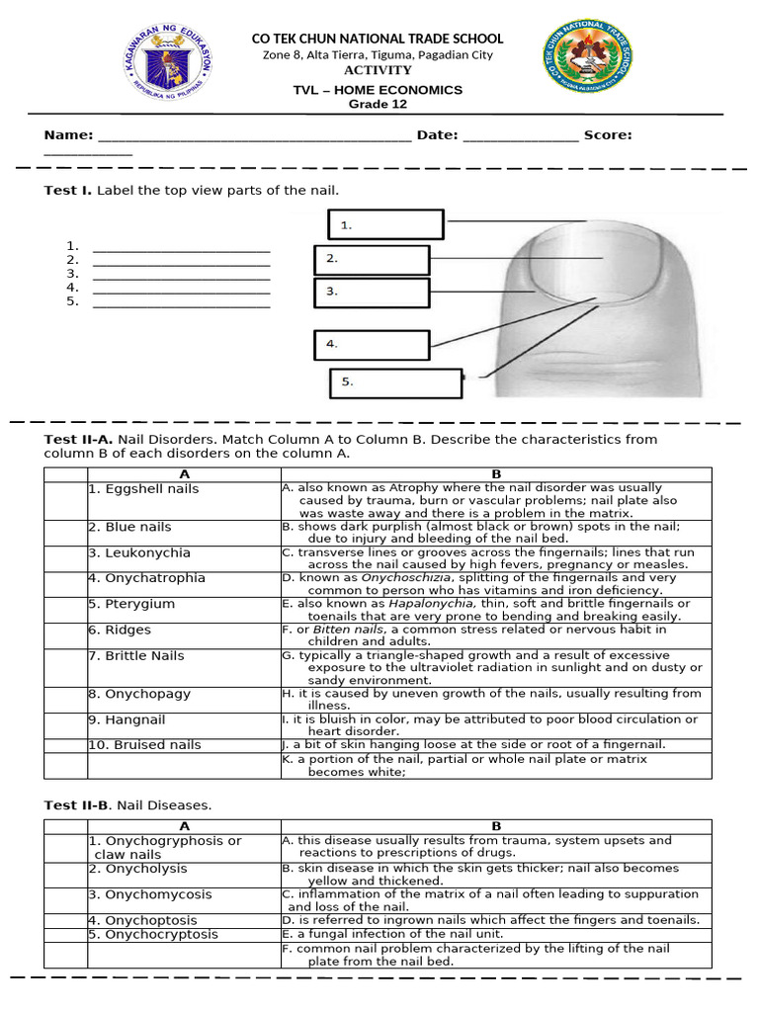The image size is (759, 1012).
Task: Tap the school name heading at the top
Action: [378, 39]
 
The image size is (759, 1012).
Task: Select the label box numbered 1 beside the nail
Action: [385, 224]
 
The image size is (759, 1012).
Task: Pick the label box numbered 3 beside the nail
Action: [372, 293]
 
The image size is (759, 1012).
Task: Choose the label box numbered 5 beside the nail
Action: [395, 382]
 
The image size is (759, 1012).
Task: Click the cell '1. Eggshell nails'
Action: [143, 489]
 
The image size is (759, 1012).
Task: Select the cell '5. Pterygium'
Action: [131, 604]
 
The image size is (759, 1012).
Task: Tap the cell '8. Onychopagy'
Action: [139, 694]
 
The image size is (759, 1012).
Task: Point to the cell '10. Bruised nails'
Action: [144, 745]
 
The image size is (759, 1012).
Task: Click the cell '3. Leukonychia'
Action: [139, 553]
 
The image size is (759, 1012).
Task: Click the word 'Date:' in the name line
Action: [437, 135]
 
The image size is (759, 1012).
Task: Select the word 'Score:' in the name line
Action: [608, 135]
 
